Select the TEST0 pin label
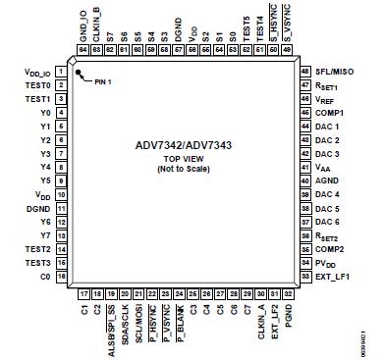click(x=39, y=85)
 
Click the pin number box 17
click(x=83, y=292)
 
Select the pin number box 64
click(x=83, y=49)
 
